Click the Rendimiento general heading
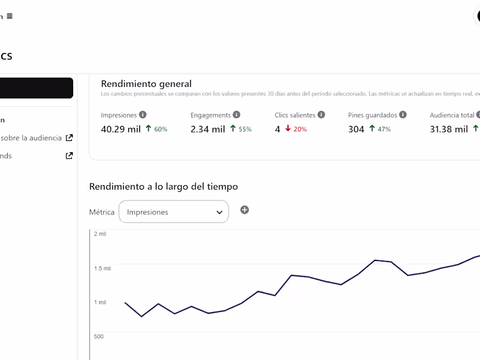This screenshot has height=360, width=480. click(146, 84)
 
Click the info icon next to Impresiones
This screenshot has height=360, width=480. click(142, 115)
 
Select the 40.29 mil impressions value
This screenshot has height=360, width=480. click(121, 129)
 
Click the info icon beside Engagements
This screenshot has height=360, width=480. click(236, 115)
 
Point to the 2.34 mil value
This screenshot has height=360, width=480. click(208, 129)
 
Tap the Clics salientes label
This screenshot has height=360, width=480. click(295, 115)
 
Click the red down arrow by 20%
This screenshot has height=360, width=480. click(288, 128)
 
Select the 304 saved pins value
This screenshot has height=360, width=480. click(356, 129)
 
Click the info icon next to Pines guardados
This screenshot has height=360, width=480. click(403, 115)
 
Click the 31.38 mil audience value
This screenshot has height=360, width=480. click(449, 129)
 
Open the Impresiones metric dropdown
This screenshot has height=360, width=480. click(174, 212)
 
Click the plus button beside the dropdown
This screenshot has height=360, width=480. click(244, 210)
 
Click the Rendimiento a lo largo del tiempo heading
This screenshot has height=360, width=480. click(163, 187)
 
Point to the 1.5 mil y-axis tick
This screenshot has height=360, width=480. click(102, 268)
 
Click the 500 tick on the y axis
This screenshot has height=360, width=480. click(98, 336)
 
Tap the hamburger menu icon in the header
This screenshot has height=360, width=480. click(10, 16)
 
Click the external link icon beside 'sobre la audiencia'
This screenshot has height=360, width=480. click(70, 137)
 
